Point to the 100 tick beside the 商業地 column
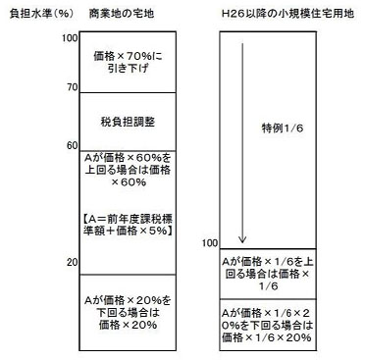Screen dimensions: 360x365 coord(69,37)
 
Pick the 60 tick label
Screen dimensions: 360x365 coord(72,146)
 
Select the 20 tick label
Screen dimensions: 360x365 coord(72,262)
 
